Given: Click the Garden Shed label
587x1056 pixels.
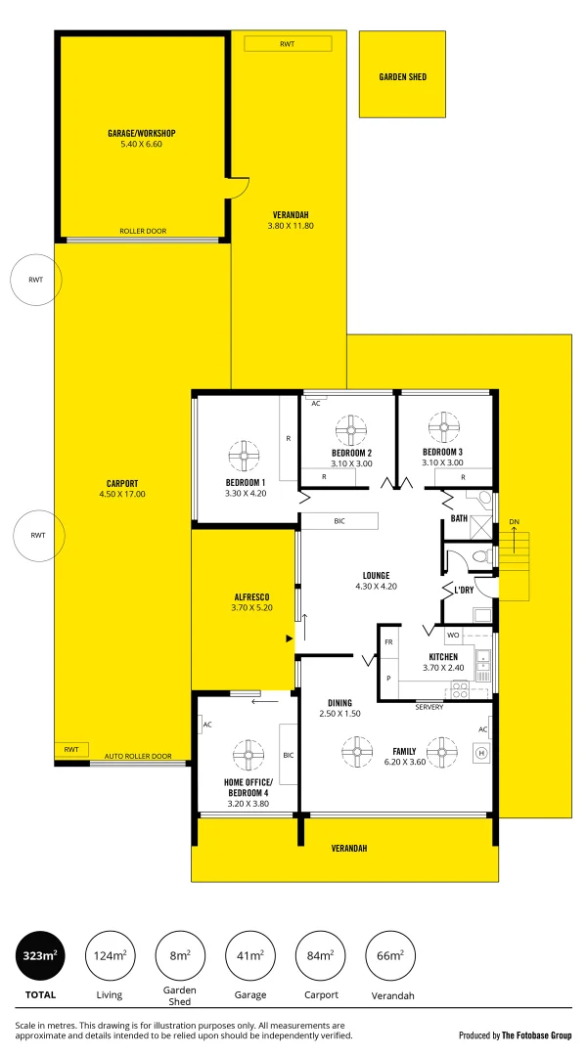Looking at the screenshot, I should tap(403, 76).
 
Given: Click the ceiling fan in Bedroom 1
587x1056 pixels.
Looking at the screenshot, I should tap(245, 456).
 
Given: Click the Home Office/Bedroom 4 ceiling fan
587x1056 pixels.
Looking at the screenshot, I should tap(245, 755).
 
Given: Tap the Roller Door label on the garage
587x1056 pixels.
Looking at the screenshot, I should tap(143, 232).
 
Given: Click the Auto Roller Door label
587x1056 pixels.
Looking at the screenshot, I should tap(138, 756).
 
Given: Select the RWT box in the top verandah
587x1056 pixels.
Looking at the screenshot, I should tap(288, 44).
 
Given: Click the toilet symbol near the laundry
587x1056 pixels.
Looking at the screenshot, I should tap(478, 557).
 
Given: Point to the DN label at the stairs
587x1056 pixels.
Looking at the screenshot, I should tap(514, 522).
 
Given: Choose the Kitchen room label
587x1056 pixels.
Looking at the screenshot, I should tap(442, 656).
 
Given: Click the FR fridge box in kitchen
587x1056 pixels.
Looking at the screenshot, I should tap(388, 642).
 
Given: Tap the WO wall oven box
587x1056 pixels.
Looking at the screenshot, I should tap(454, 636).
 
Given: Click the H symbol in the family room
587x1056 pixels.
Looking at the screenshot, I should tap(480, 753).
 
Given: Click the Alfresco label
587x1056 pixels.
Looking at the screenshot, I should tap(251, 596).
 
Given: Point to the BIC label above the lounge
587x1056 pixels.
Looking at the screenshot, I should tap(339, 522).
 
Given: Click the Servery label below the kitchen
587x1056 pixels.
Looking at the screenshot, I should tap(429, 707).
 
